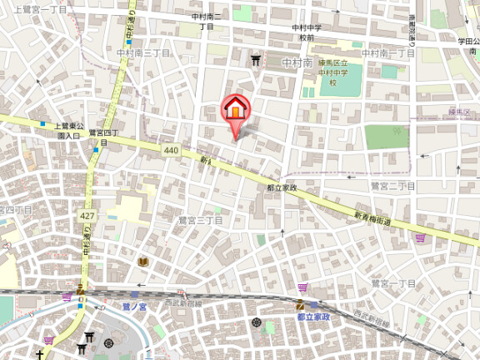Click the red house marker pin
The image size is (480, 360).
pyautogui.click(x=235, y=111)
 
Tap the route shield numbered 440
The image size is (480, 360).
pyautogui.click(x=171, y=150)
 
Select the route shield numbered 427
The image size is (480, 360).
pyautogui.click(x=86, y=215)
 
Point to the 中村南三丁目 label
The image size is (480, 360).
pyautogui.click(x=144, y=52)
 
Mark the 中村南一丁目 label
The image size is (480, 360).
pyautogui.click(x=391, y=52)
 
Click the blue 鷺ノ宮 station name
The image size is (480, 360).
pyautogui.click(x=133, y=306)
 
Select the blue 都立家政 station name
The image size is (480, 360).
pyautogui.click(x=314, y=317)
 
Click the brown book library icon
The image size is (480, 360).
pyautogui.click(x=142, y=262)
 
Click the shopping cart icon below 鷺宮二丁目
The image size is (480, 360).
pyautogui.click(x=419, y=238)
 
